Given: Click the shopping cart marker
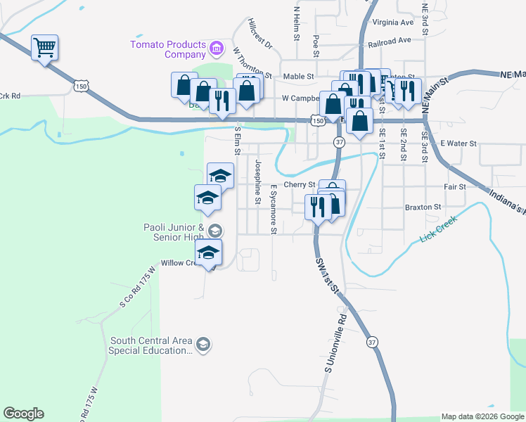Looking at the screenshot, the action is pos(45,48).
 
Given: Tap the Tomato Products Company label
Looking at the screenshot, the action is pos(168,49).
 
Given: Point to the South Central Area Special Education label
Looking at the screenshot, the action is pos(150,345).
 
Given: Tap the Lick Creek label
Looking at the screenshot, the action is pos(438,229).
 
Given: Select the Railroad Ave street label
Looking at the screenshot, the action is pos(389,41).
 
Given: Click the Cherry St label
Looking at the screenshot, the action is pos(299,184).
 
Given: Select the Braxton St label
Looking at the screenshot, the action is pos(423,207).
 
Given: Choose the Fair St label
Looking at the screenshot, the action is pos(455,187).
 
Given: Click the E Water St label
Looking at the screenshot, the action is pos(458,143).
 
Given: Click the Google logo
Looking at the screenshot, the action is pos(23,414).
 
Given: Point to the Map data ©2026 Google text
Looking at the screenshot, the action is pos(482,416).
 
